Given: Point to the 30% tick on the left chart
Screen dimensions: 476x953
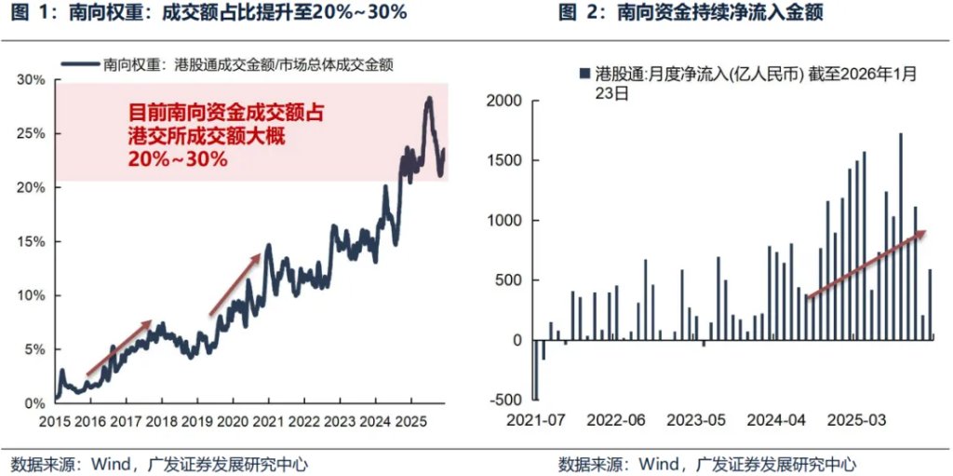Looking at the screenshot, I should click(32, 80).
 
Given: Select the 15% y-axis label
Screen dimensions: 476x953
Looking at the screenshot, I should click(32, 241).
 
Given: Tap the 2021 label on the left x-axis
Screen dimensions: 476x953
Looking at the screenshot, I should click(268, 420).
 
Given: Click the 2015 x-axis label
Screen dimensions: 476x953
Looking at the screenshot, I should click(55, 420).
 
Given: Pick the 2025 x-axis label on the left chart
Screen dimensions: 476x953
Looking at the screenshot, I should click(410, 420).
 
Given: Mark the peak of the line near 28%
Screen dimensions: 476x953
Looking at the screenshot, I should click(428, 99).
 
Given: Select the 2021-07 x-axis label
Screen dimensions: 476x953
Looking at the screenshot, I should click(536, 420).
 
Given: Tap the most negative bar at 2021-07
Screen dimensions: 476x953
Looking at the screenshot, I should click(536, 370).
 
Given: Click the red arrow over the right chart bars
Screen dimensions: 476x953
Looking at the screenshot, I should click(866, 264).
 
